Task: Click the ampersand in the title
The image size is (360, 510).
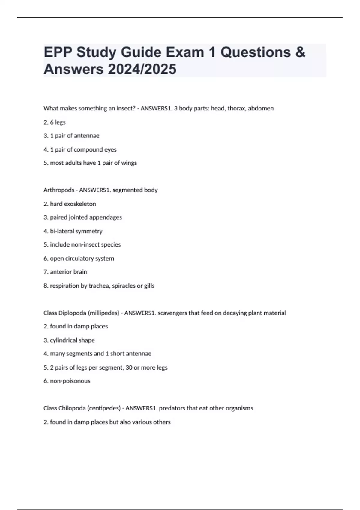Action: [x=300, y=52]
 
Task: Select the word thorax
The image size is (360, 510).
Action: [x=236, y=108]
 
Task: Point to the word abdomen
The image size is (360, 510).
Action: [x=261, y=108]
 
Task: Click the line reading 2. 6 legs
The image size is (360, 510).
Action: [x=55, y=122]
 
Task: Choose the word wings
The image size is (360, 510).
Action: [x=129, y=163]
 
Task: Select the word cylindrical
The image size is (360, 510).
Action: [x=64, y=340]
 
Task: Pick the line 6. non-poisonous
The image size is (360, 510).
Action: [x=67, y=381]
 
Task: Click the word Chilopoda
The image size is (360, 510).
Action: [x=72, y=408]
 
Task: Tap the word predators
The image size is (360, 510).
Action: [x=172, y=408]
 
